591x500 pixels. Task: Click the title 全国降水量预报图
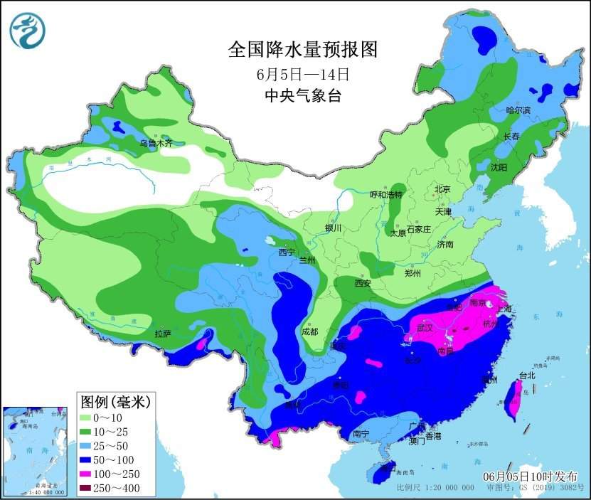[302, 49]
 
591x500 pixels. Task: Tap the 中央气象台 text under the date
[302, 96]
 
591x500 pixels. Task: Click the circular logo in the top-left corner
[28, 31]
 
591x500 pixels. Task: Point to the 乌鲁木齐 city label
[155, 143]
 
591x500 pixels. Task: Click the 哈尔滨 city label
[518, 110]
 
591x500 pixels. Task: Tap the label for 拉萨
[163, 333]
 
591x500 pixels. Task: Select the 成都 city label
[310, 331]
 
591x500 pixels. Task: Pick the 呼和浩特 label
[386, 195]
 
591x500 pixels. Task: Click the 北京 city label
[442, 189]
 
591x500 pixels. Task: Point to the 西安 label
[363, 283]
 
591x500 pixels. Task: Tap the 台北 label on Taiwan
[527, 375]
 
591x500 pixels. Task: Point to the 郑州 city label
[412, 273]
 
